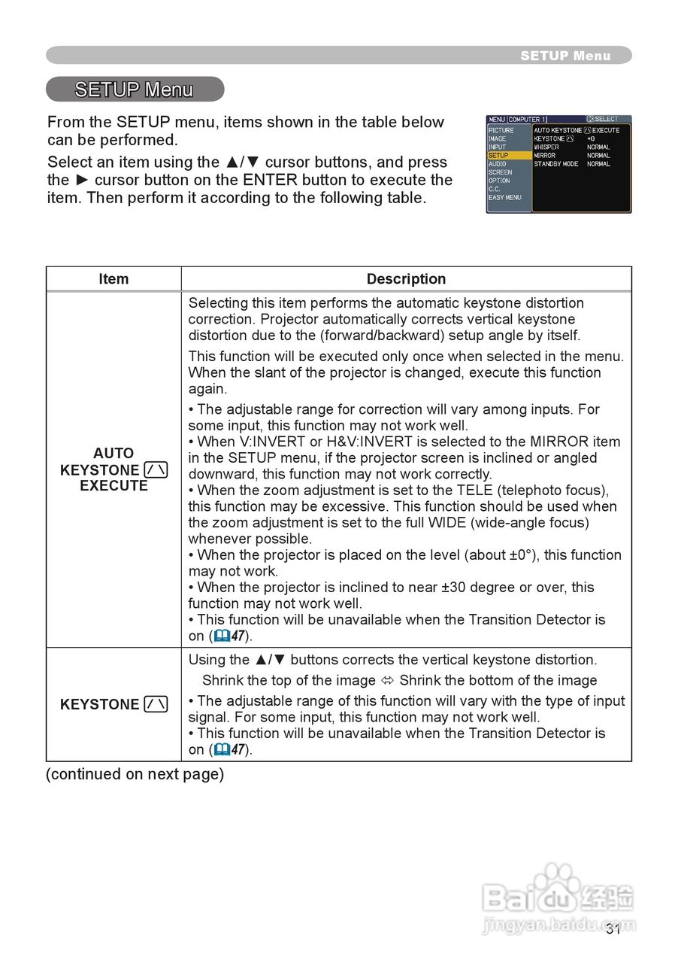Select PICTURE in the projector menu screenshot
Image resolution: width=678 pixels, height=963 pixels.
501,131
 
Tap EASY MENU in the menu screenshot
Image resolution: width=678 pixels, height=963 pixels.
504,198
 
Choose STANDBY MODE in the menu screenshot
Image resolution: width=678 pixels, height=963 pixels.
555,164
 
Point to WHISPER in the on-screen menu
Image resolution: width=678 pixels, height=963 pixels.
546,147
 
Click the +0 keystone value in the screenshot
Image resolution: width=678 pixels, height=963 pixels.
591,139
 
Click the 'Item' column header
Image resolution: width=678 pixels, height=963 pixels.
114,279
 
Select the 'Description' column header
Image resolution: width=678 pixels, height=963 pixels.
406,279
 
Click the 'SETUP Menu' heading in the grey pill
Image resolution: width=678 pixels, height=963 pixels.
134,90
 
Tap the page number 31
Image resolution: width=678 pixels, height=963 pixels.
613,929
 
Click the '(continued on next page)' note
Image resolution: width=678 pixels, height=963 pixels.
135,774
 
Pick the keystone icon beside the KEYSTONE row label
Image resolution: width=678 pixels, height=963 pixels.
156,705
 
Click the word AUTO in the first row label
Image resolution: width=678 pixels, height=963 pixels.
114,454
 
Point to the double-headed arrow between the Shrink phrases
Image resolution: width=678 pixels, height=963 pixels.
388,681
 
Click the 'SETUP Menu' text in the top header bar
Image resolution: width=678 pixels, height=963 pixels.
565,56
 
